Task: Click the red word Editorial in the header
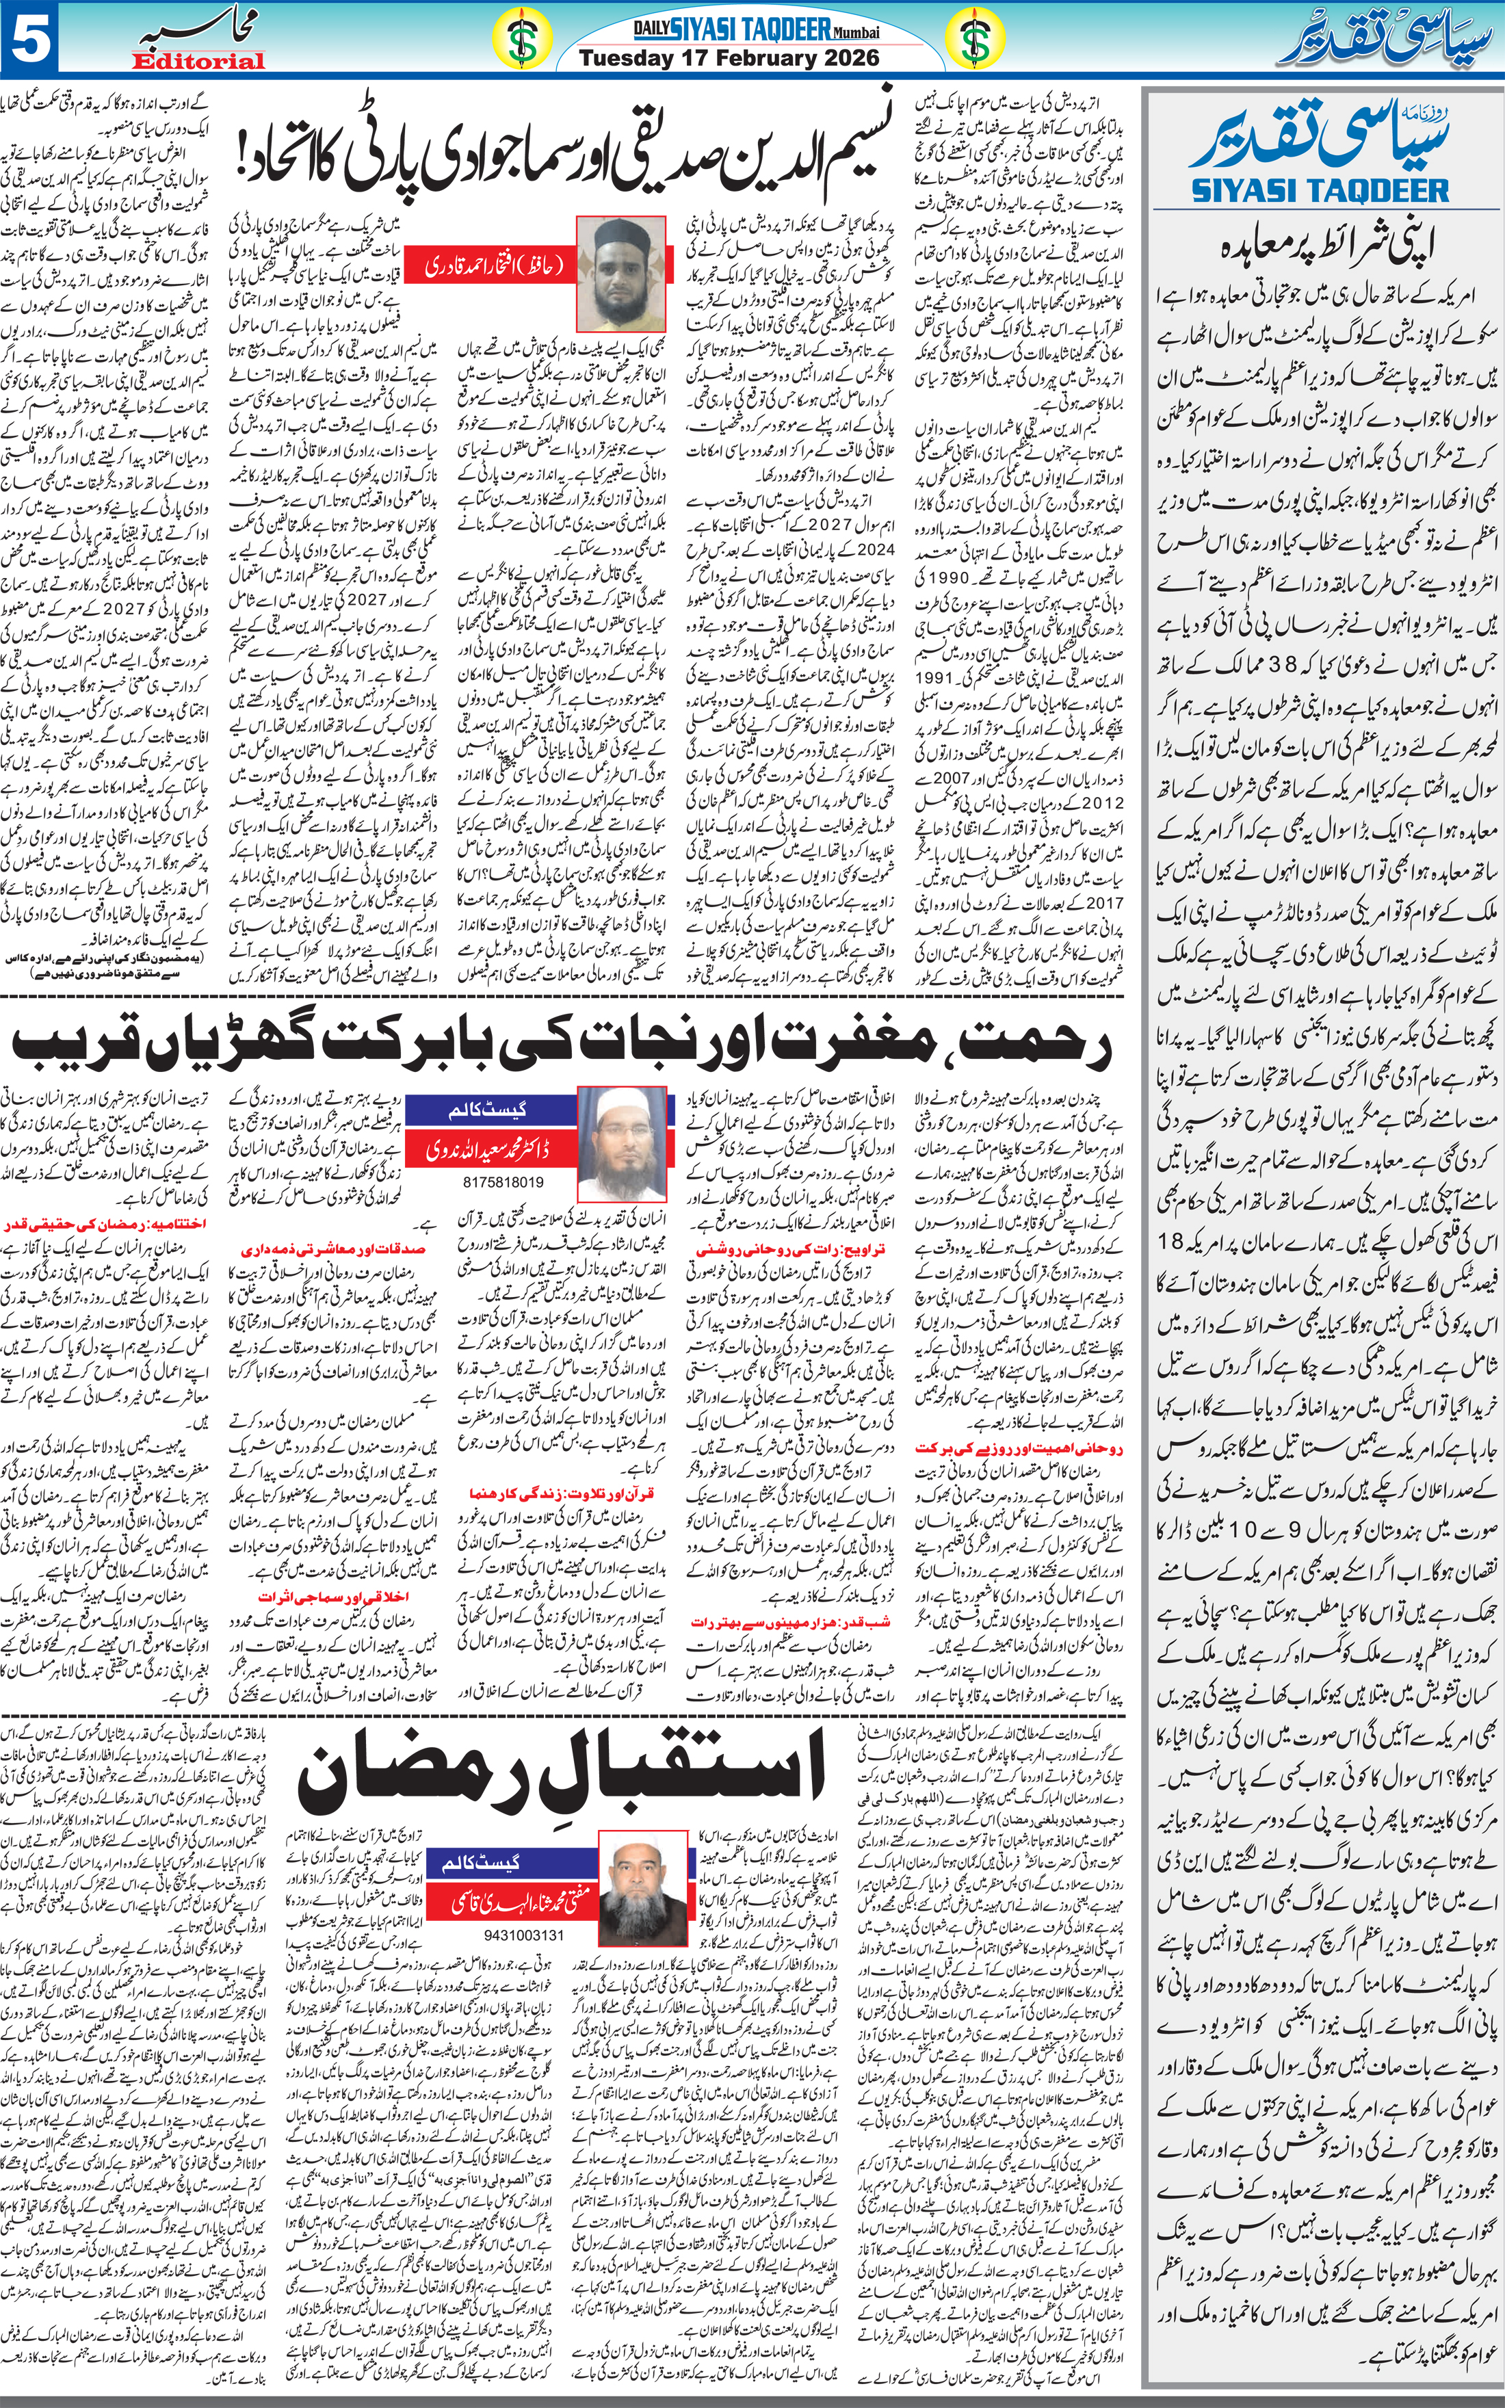pyautogui.click(x=198, y=62)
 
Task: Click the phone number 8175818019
pyautogui.click(x=503, y=1182)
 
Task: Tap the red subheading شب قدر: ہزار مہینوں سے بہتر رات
pyautogui.click(x=789, y=1622)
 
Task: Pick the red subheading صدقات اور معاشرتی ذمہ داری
pyautogui.click(x=332, y=1248)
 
